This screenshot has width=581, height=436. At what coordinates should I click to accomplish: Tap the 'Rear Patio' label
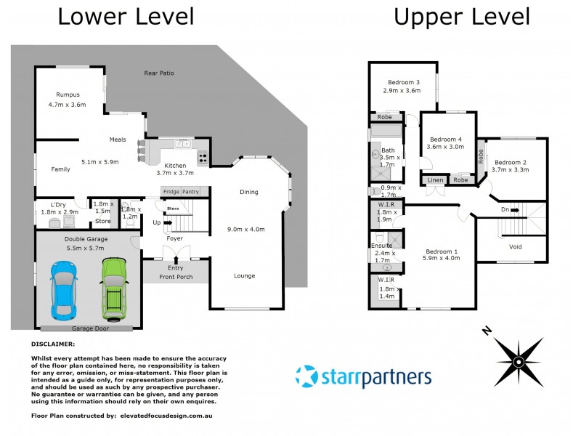(160, 73)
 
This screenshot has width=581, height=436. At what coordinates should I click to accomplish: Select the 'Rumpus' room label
(68, 94)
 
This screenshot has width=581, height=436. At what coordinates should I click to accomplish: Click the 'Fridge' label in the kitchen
(171, 192)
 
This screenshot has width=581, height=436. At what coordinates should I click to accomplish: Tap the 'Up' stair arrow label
(155, 222)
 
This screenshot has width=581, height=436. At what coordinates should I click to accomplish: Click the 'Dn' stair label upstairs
(505, 211)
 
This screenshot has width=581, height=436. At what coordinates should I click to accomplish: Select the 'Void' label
(516, 247)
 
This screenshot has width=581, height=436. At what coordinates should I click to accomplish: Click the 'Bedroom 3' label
(404, 81)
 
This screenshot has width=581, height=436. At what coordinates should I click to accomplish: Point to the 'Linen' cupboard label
(435, 179)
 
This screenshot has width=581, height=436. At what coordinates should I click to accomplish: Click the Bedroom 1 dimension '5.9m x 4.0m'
(442, 258)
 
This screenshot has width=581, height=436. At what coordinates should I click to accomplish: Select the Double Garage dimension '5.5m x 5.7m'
(85, 248)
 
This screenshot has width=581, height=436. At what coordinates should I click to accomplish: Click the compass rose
(518, 361)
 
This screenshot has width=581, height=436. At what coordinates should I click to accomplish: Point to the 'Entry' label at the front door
(175, 268)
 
